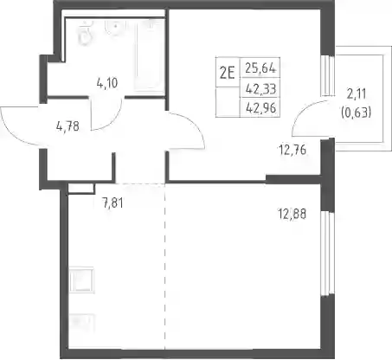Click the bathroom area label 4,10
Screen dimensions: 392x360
click(x=107, y=83)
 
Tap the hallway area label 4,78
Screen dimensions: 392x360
click(x=67, y=126)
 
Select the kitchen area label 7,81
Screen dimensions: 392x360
click(x=112, y=203)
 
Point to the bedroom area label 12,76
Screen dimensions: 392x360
click(x=292, y=150)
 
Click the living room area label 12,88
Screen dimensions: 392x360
click(x=292, y=214)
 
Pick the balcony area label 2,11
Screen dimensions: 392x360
click(x=357, y=94)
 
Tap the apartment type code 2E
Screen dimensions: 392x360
click(x=227, y=73)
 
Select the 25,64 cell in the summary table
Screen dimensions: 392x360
click(x=260, y=68)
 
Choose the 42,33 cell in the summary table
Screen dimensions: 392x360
click(x=260, y=88)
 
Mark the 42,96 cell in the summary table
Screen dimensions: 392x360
click(x=260, y=108)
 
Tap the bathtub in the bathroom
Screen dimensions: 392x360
click(x=149, y=55)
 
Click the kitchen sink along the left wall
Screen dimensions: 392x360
click(x=81, y=280)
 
